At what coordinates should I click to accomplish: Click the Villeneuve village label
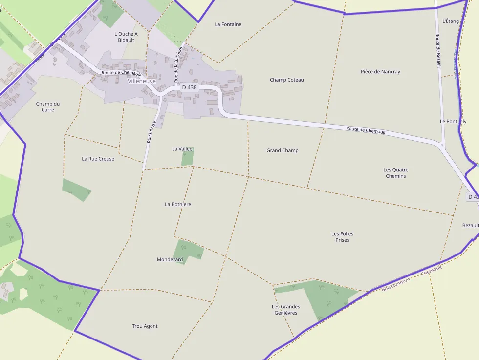142,81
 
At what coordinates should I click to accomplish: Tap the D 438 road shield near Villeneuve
189,87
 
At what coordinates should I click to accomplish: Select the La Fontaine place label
228,24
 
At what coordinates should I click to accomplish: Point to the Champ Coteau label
287,80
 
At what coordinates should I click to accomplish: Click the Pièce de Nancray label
380,72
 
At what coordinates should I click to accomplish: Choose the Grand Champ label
283,150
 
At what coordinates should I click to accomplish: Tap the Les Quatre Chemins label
396,173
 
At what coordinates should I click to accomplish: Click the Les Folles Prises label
342,237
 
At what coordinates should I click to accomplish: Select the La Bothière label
178,204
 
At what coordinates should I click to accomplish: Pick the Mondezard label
170,259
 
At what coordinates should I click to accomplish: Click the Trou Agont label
145,326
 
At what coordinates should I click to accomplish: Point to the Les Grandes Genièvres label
286,310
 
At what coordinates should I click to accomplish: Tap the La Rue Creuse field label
98,159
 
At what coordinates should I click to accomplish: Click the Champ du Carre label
48,106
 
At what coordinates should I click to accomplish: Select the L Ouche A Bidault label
126,37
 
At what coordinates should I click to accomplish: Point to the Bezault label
470,225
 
